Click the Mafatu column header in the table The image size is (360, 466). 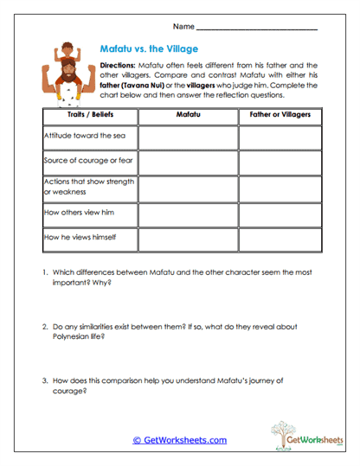[x=188, y=114]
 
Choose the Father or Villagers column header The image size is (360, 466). [x=280, y=114]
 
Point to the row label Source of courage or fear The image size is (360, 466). [x=87, y=161]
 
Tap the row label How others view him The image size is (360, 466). [x=77, y=212]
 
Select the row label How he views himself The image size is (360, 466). [x=79, y=237]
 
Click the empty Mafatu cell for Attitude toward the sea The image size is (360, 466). [x=188, y=137]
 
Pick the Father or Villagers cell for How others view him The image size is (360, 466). [x=280, y=212]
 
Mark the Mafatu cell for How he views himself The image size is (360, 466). [x=188, y=237]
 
